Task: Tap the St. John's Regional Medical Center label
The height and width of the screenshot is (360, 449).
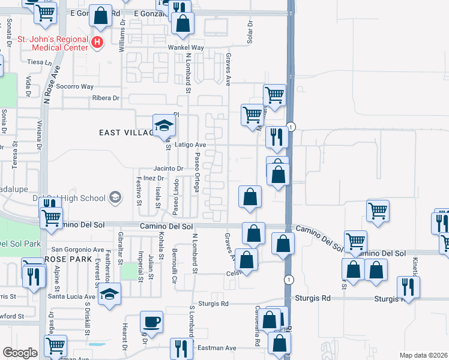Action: [52, 43]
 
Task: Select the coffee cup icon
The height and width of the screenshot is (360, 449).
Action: [151, 321]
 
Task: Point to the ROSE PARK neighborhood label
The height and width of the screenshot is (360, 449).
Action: [68, 259]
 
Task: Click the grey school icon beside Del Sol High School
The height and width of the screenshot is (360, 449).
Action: [115, 197]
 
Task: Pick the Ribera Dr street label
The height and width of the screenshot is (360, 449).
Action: [106, 98]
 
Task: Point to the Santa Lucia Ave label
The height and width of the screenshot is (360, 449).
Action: [72, 296]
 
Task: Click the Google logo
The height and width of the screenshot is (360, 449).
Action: [20, 353]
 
